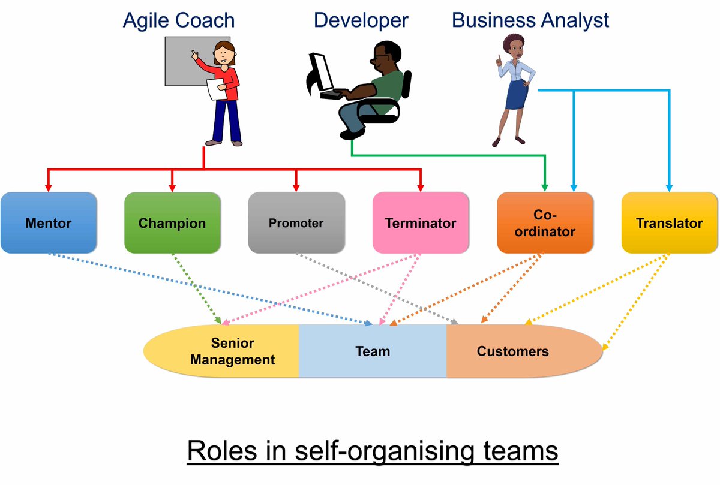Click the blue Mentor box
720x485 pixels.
pyautogui.click(x=48, y=222)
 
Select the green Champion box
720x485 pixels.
pyautogui.click(x=172, y=222)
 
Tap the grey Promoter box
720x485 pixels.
pyautogui.click(x=296, y=222)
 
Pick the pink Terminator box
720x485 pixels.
pyautogui.click(x=421, y=222)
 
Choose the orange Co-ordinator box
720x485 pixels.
pyautogui.click(x=545, y=222)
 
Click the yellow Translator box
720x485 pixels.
pyautogui.click(x=669, y=222)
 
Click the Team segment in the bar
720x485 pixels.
pyautogui.click(x=373, y=351)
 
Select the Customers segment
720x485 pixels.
pyautogui.click(x=513, y=351)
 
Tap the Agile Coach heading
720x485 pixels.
pyautogui.click(x=179, y=20)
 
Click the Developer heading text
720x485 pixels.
pyautogui.click(x=361, y=20)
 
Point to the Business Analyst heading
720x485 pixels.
pyautogui.click(x=530, y=20)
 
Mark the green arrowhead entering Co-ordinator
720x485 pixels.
pyautogui.click(x=545, y=186)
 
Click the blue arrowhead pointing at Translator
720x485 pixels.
pyautogui.click(x=669, y=187)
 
